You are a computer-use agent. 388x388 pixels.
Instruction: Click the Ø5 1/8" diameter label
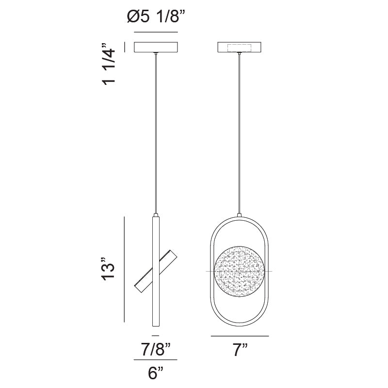pyautogui.click(x=156, y=17)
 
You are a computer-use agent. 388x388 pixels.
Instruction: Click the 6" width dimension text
pyautogui.click(x=155, y=373)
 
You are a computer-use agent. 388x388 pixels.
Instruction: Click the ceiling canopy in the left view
pyautogui.click(x=156, y=47)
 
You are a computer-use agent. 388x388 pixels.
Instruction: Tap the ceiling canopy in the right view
pyautogui.click(x=240, y=47)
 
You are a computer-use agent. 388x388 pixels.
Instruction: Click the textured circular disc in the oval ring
pyautogui.click(x=240, y=270)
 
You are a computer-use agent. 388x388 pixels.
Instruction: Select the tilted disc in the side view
pyautogui.click(x=156, y=272)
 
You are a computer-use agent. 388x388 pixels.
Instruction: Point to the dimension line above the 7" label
pyautogui.click(x=240, y=336)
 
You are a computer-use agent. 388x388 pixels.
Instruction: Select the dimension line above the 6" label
pyautogui.click(x=155, y=360)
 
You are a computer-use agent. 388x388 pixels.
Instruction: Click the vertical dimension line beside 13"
pyautogui.click(x=125, y=269)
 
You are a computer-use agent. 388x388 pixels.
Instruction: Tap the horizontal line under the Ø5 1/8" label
pyautogui.click(x=156, y=32)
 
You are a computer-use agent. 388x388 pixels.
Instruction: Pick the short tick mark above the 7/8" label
pyautogui.click(x=155, y=336)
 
